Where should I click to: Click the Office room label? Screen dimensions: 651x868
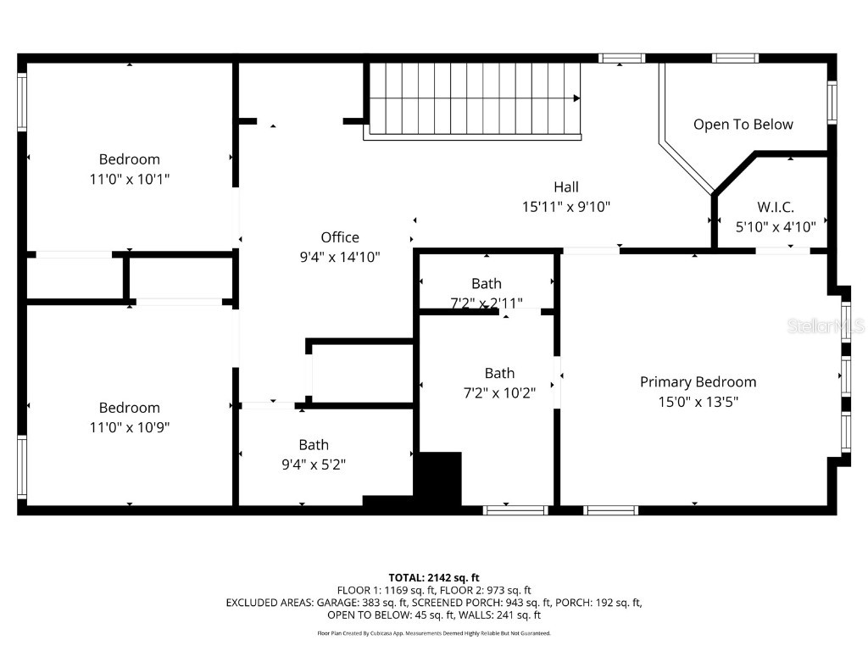(x=339, y=237)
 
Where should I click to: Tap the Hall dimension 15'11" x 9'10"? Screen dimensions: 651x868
(x=566, y=206)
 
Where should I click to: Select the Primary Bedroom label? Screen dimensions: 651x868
(x=698, y=381)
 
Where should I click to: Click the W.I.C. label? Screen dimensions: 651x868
(x=775, y=207)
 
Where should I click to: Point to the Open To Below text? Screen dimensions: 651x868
(x=743, y=125)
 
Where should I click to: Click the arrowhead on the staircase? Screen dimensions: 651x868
(x=576, y=98)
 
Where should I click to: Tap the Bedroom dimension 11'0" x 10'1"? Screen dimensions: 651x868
(x=129, y=179)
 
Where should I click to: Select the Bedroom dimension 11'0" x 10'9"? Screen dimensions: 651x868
(x=129, y=427)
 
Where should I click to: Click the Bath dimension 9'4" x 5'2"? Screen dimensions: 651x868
(x=313, y=465)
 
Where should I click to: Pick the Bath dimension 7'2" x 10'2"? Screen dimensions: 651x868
(x=499, y=392)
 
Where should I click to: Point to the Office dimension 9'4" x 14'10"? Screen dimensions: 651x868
(x=339, y=257)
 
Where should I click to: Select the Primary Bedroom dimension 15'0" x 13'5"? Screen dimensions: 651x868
(x=698, y=402)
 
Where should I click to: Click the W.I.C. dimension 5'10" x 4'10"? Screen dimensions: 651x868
(x=775, y=226)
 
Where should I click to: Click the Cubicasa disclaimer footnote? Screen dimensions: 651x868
(x=434, y=633)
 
